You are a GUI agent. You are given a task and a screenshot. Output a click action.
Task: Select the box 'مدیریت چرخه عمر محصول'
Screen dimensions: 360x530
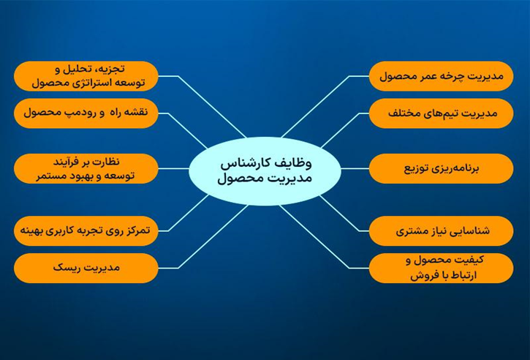441,75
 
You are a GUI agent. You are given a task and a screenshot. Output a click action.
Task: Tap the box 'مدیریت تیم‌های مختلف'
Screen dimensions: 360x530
441,113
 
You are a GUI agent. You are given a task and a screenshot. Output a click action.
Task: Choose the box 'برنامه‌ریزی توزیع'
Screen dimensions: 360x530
441,168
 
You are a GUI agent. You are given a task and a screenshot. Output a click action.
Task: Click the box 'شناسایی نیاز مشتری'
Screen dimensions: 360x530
441,230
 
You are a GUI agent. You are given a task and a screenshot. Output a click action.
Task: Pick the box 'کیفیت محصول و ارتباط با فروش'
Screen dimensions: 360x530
441,268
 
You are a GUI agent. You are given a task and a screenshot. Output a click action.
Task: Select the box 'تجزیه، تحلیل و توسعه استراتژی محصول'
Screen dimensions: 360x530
86,75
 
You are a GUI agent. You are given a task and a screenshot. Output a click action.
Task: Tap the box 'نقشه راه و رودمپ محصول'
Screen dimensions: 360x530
86,113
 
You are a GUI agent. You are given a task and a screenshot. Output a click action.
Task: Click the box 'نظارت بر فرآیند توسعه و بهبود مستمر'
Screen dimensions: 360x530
86,168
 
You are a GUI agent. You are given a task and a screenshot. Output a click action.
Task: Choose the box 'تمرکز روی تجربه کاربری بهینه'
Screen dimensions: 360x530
86,230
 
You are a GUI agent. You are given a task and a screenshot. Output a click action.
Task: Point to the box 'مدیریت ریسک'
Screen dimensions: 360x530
86,268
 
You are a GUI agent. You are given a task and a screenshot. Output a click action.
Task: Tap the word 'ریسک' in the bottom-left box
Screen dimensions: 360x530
66,268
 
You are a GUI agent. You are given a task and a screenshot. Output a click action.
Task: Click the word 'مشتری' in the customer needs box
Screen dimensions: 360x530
410,231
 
